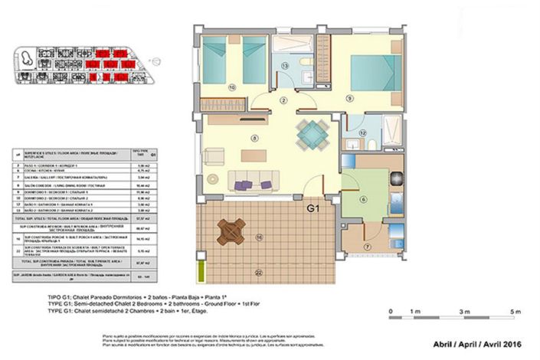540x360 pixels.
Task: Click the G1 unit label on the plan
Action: [x=314, y=208]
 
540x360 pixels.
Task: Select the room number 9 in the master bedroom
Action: [x=350, y=97]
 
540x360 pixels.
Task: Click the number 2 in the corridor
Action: [x=283, y=100]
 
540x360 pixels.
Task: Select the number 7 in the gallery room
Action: [x=366, y=247]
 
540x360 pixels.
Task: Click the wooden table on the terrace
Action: [x=231, y=231]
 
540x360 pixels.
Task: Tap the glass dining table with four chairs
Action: [x=313, y=135]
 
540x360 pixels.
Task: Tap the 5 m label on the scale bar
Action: [x=518, y=312]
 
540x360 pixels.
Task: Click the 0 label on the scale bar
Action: [x=391, y=312]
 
